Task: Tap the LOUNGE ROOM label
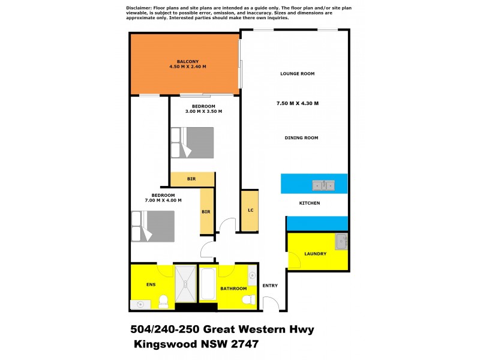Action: click(x=297, y=74)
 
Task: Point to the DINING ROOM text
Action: click(x=301, y=138)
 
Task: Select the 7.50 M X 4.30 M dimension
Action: click(x=297, y=104)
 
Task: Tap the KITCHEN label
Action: click(x=310, y=203)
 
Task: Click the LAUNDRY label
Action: click(x=315, y=254)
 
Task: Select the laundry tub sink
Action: click(x=341, y=242)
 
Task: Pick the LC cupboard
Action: click(x=250, y=211)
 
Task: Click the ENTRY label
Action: click(x=270, y=285)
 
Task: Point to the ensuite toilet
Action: click(x=164, y=301)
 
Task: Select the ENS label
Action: click(x=151, y=284)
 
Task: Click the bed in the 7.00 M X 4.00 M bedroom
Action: click(x=154, y=226)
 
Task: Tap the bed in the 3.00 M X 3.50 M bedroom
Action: click(x=193, y=143)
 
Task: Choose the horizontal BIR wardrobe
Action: click(x=192, y=179)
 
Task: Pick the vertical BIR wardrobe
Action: click(x=206, y=211)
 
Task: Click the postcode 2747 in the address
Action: click(x=245, y=346)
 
